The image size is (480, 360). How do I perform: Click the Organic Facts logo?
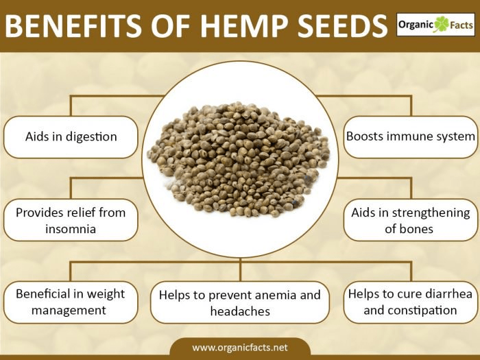tap(435, 26)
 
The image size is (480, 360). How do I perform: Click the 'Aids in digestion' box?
tap(71, 136)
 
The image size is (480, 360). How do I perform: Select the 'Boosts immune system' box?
tap(410, 136)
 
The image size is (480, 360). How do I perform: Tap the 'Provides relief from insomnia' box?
tap(71, 220)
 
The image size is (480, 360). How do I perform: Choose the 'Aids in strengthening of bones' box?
tap(410, 220)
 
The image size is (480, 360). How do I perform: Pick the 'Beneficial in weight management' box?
tap(71, 302)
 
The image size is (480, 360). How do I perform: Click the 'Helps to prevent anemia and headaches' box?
tap(239, 302)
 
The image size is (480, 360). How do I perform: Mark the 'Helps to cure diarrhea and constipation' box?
tap(410, 302)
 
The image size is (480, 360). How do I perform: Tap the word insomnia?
tap(71, 228)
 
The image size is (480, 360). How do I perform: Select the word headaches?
tap(240, 311)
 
